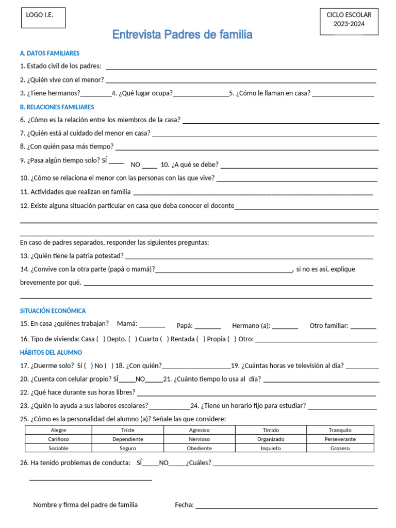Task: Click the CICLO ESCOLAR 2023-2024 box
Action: pos(349,21)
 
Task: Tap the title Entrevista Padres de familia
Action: pos(183,35)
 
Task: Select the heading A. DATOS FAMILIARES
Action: pos(49,53)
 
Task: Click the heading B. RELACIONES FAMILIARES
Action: pos(57,107)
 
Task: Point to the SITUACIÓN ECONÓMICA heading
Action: pos(53,311)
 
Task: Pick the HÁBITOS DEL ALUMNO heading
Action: pos(51,352)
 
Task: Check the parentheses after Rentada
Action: pos(204,339)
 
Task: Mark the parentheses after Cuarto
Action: pos(164,339)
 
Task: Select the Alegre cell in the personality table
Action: pos(58,430)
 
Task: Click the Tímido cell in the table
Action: pos(271,430)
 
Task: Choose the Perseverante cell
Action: pos(340,439)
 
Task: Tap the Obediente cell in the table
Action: pos(199,448)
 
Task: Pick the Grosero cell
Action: pos(340,448)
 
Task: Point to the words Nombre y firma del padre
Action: pos(85,505)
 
